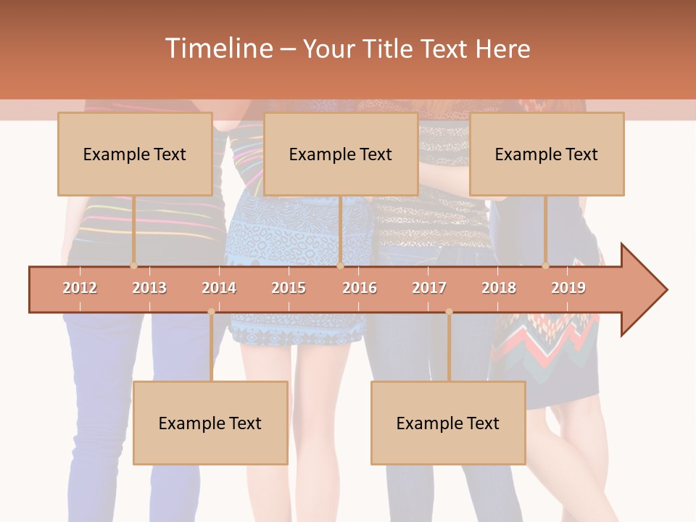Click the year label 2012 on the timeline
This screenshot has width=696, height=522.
(80, 288)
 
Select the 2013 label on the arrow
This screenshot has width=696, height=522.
(149, 288)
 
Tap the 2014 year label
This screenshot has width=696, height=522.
(219, 288)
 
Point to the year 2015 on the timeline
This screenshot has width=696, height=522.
(289, 288)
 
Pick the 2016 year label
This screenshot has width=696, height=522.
(360, 288)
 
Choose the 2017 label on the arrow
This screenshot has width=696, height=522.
(429, 288)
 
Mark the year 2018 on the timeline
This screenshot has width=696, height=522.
(499, 288)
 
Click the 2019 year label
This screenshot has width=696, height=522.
(568, 288)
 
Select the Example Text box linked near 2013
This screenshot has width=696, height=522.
(135, 154)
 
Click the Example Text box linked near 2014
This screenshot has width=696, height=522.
(210, 423)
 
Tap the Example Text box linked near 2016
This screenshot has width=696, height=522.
(341, 154)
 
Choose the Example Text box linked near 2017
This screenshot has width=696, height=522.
(448, 423)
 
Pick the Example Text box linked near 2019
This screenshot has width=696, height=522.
(547, 154)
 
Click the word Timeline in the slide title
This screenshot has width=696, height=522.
(217, 49)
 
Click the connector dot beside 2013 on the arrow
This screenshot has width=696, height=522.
(133, 266)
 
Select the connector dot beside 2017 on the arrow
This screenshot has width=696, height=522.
(449, 312)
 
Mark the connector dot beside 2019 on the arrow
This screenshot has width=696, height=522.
(545, 266)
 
